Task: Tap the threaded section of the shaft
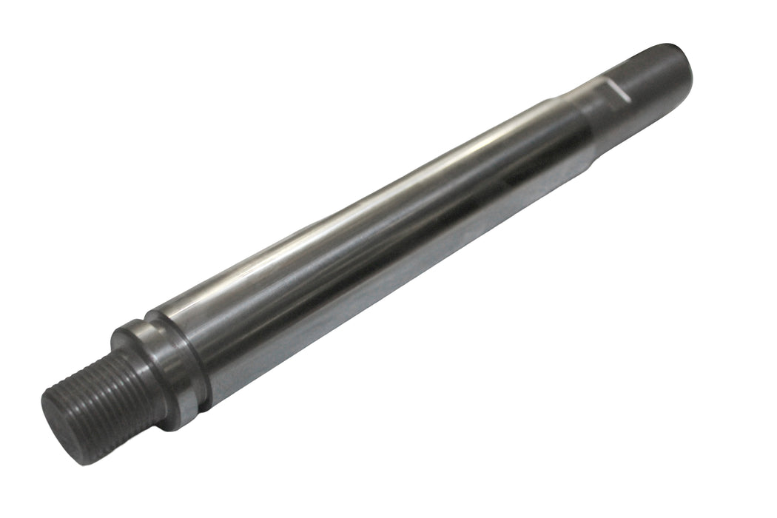(x=111, y=393)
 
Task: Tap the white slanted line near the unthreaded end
(x=616, y=91)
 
